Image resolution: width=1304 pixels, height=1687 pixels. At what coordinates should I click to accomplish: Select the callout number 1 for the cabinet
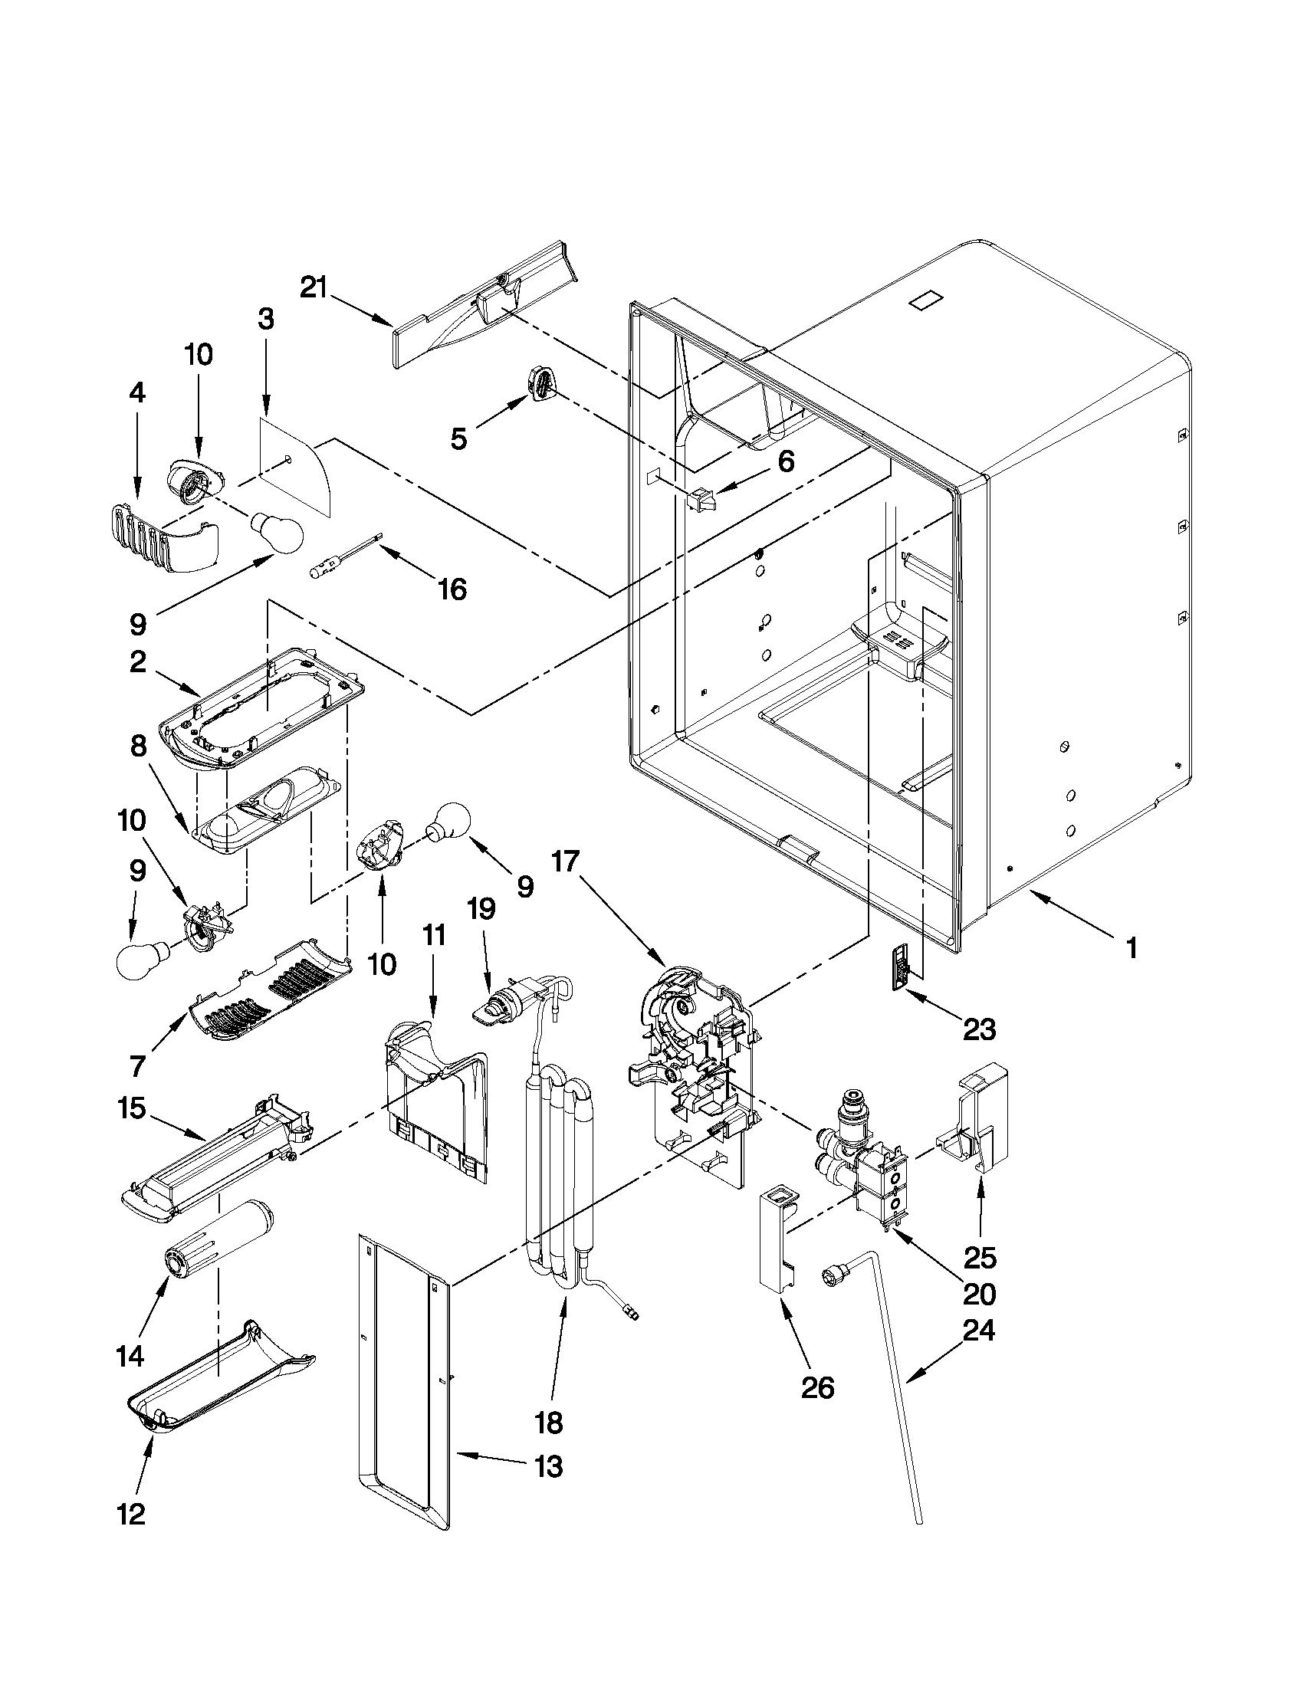coord(1131,948)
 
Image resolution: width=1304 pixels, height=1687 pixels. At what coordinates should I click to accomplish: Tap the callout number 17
coord(566,861)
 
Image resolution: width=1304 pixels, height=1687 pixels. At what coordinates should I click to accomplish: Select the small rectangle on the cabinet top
coord(926,300)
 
